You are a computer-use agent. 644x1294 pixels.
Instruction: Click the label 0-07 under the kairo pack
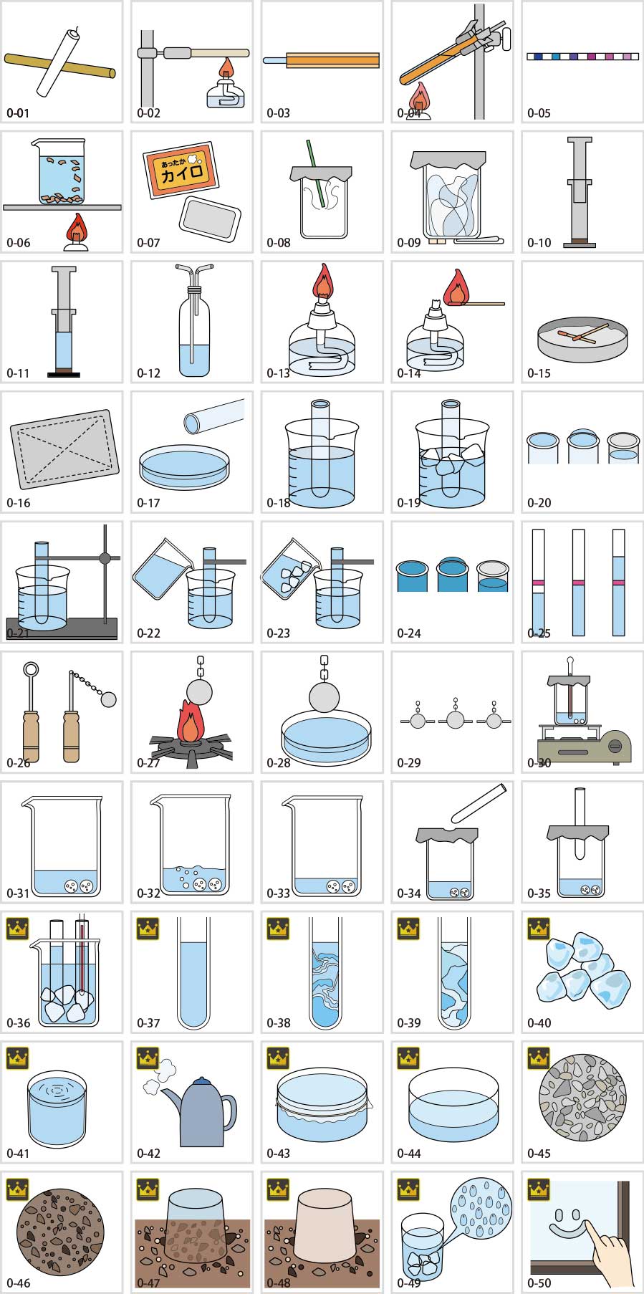pyautogui.click(x=148, y=243)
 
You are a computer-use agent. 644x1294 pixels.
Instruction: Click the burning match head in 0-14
pyautogui.click(x=456, y=290)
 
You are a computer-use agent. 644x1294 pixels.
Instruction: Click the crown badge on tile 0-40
pyautogui.click(x=538, y=929)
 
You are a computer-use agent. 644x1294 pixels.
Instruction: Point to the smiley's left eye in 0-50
pyautogui.click(x=559, y=1216)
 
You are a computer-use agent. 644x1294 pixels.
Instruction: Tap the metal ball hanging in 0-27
pyautogui.click(x=198, y=693)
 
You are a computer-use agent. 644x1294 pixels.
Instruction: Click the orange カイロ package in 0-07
pyautogui.click(x=180, y=171)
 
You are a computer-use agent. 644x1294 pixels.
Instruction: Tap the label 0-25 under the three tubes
pyautogui.click(x=539, y=633)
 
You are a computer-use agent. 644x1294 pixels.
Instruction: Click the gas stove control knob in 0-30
pyautogui.click(x=614, y=747)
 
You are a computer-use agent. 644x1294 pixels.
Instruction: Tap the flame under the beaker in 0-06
pyautogui.click(x=75, y=229)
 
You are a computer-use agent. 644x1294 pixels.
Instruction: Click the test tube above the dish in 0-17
pyautogui.click(x=213, y=416)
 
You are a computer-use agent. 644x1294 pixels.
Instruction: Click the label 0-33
pyautogui.click(x=279, y=893)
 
